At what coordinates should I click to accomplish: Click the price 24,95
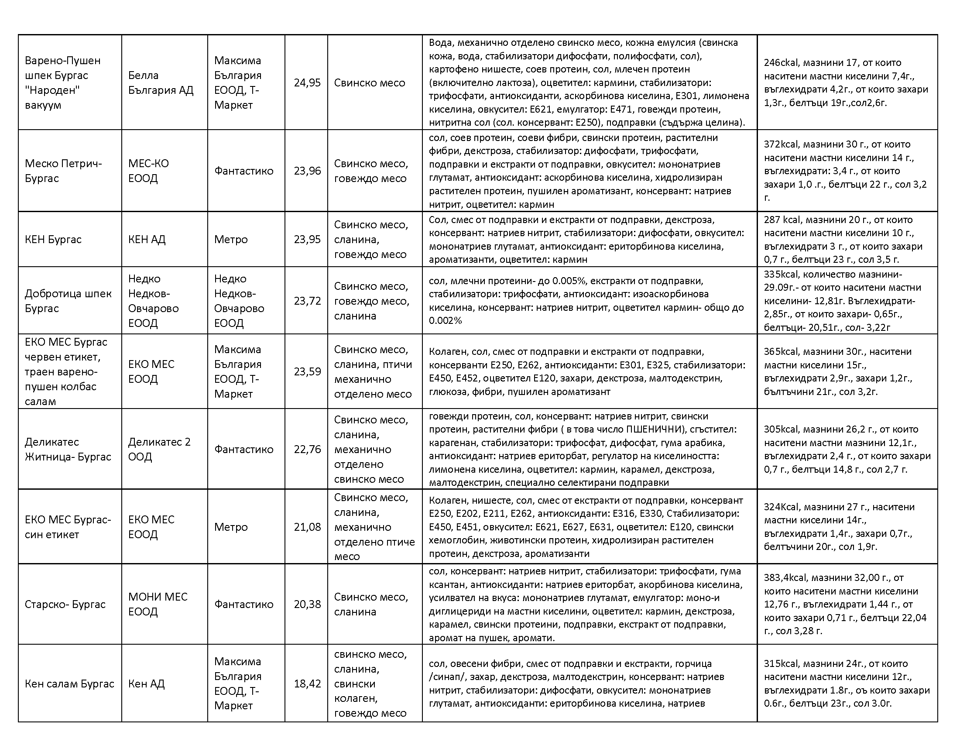(x=307, y=82)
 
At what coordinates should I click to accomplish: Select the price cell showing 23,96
(x=307, y=171)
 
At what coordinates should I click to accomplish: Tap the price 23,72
(x=307, y=301)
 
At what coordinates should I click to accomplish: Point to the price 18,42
(x=307, y=684)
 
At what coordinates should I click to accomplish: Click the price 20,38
(x=307, y=604)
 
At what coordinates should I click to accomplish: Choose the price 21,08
(x=307, y=527)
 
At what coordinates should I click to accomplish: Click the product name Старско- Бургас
(x=65, y=604)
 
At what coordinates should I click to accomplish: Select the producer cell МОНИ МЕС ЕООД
(x=158, y=604)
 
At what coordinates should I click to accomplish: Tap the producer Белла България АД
(x=161, y=82)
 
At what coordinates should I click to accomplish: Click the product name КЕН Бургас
(x=53, y=240)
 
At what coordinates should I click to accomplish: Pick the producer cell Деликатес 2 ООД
(x=159, y=449)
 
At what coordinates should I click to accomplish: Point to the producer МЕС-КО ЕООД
(x=148, y=171)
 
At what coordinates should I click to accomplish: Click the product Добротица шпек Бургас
(x=68, y=301)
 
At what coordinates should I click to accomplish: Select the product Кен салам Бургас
(x=69, y=684)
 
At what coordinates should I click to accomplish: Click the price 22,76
(x=307, y=449)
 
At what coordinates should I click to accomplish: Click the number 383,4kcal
(x=785, y=577)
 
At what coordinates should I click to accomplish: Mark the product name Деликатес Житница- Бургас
(x=68, y=449)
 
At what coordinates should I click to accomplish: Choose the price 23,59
(x=307, y=371)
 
